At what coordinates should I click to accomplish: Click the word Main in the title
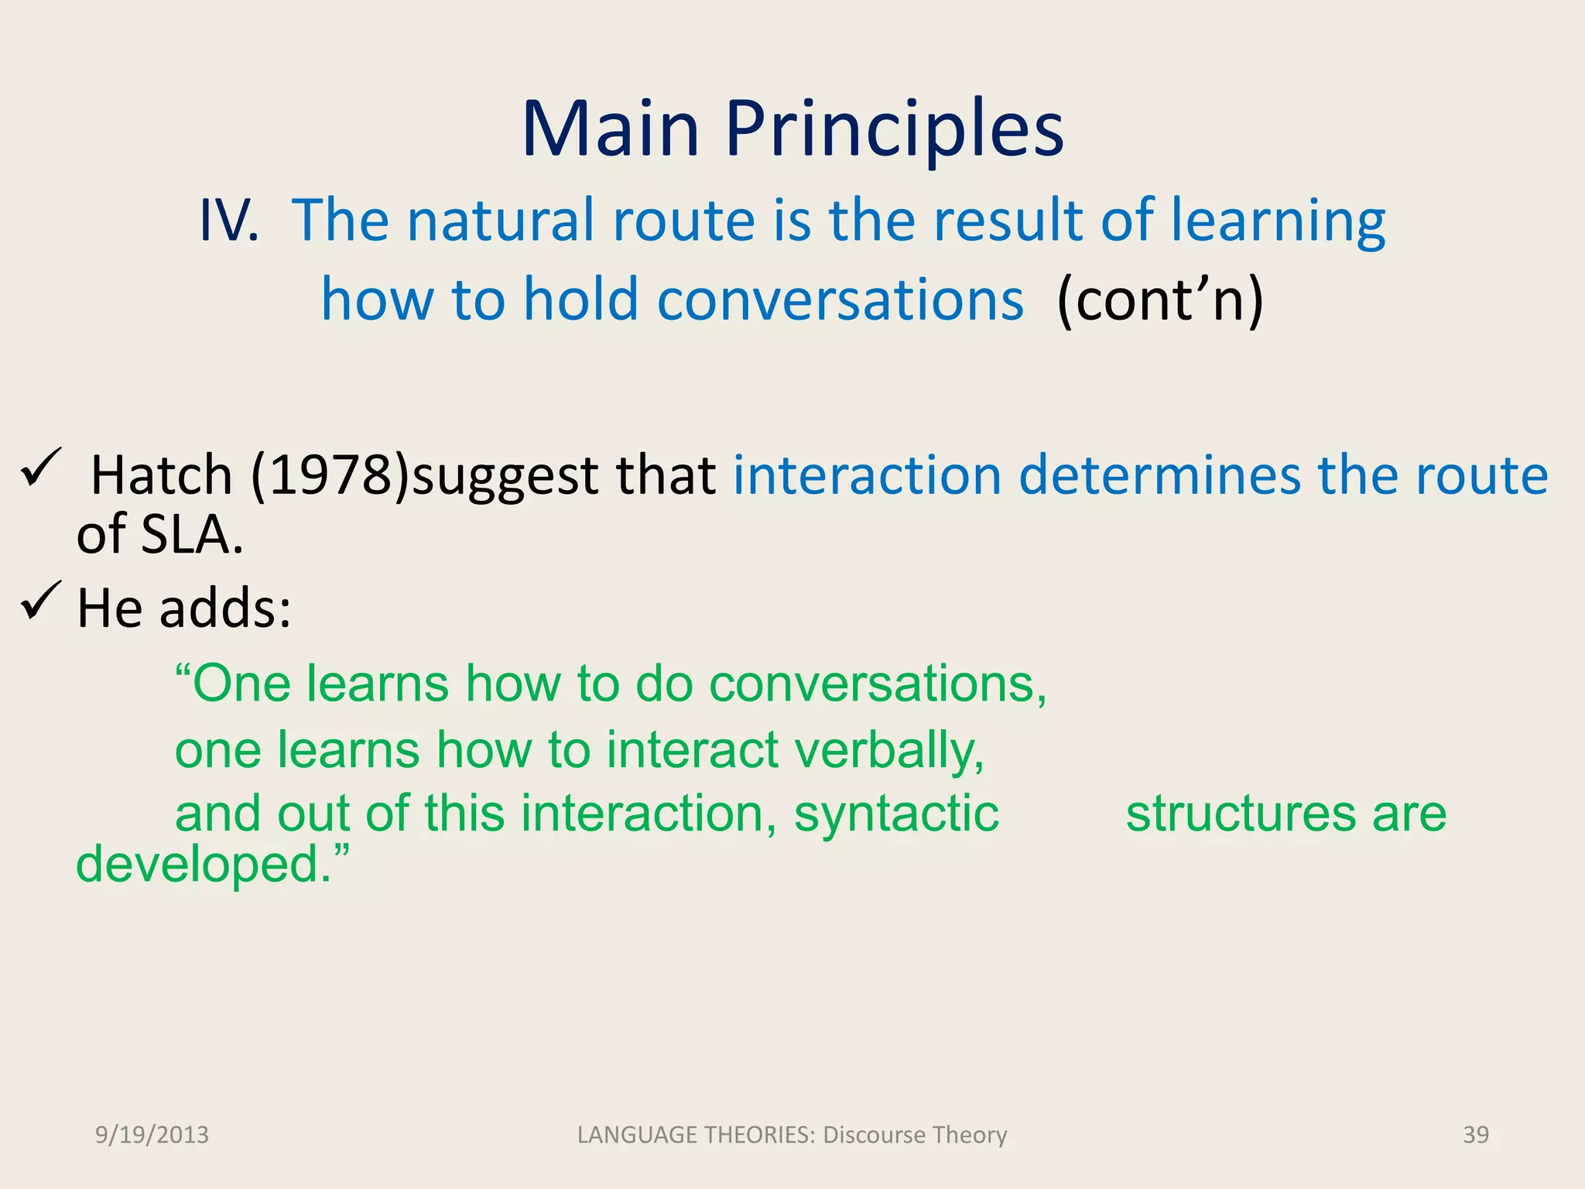pyautogui.click(x=611, y=129)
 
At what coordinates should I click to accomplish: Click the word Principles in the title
pyautogui.click(x=894, y=129)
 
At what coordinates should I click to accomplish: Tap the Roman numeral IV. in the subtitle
pyautogui.click(x=228, y=221)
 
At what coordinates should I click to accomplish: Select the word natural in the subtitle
pyautogui.click(x=502, y=221)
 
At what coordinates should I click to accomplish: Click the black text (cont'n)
pyautogui.click(x=1160, y=300)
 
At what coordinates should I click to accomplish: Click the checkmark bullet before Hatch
pyautogui.click(x=41, y=468)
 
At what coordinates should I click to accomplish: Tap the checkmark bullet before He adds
pyautogui.click(x=41, y=601)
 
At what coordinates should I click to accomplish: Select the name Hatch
pyautogui.click(x=162, y=475)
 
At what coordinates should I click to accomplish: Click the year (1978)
pyautogui.click(x=330, y=475)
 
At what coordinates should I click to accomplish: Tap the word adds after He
pyautogui.click(x=225, y=608)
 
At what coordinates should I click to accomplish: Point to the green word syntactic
pyautogui.click(x=896, y=814)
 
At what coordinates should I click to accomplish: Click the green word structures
pyautogui.click(x=1240, y=814)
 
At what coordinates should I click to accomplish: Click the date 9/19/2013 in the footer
pyautogui.click(x=152, y=1135)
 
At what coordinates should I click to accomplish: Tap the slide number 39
pyautogui.click(x=1475, y=1135)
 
